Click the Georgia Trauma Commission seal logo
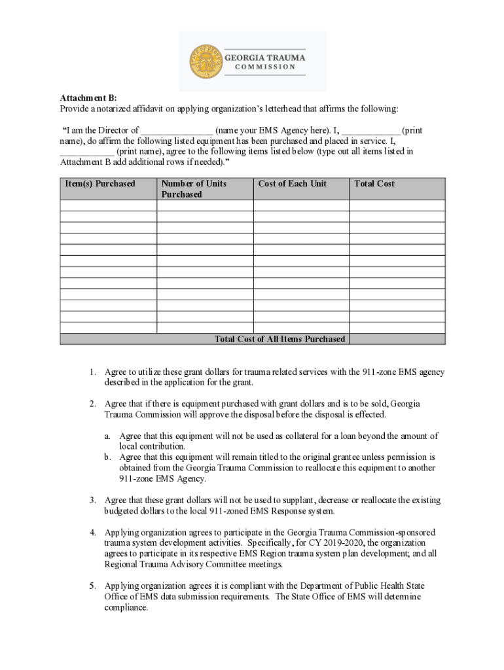(206, 61)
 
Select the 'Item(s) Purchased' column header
(100, 184)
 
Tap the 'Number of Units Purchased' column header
(194, 189)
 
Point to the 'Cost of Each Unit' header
(292, 184)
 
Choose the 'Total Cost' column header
(374, 184)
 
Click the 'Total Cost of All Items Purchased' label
(279, 339)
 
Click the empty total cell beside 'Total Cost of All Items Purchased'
(397, 339)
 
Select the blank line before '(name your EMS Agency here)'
(177, 130)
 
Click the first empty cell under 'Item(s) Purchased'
(108, 205)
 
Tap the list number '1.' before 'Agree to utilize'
(94, 372)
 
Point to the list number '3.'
(94, 501)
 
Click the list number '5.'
(94, 586)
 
